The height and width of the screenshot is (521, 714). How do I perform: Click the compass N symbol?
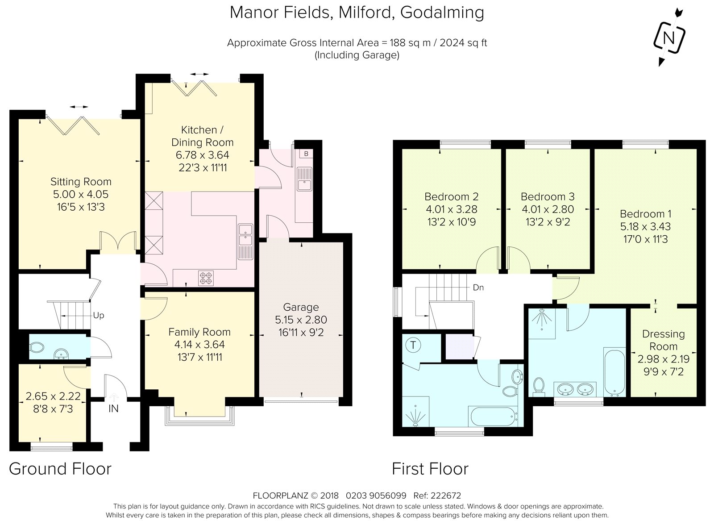tap(669, 38)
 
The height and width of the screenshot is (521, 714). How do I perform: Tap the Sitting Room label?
tap(81, 182)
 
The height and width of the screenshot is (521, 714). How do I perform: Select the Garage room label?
tap(301, 307)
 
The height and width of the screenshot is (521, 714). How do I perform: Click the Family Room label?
tap(199, 332)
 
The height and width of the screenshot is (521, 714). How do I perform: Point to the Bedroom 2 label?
tap(451, 196)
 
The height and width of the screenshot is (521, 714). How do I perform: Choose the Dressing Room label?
tap(663, 340)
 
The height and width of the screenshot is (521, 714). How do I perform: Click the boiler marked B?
tap(306, 154)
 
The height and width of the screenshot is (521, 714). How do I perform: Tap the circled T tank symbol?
tap(413, 345)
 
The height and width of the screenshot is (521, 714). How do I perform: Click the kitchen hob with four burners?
tap(206, 278)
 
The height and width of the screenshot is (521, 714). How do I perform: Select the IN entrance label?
tap(113, 408)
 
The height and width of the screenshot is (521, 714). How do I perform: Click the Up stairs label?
tap(99, 315)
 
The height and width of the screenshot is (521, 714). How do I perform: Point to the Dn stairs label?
tap(478, 288)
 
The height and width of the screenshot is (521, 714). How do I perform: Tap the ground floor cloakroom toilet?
tap(36, 347)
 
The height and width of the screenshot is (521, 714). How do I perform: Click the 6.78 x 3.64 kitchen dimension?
tap(203, 155)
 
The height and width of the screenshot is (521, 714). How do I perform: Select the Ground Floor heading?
tap(60, 469)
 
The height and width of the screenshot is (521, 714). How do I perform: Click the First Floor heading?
tap(430, 469)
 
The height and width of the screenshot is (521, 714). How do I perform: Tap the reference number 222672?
tap(446, 496)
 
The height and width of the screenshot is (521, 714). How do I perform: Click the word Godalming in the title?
tap(442, 13)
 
